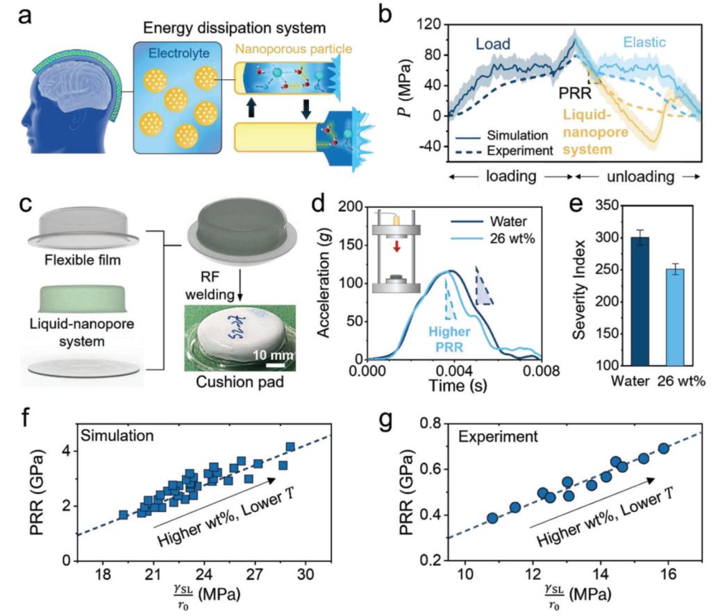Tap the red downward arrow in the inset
397,248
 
